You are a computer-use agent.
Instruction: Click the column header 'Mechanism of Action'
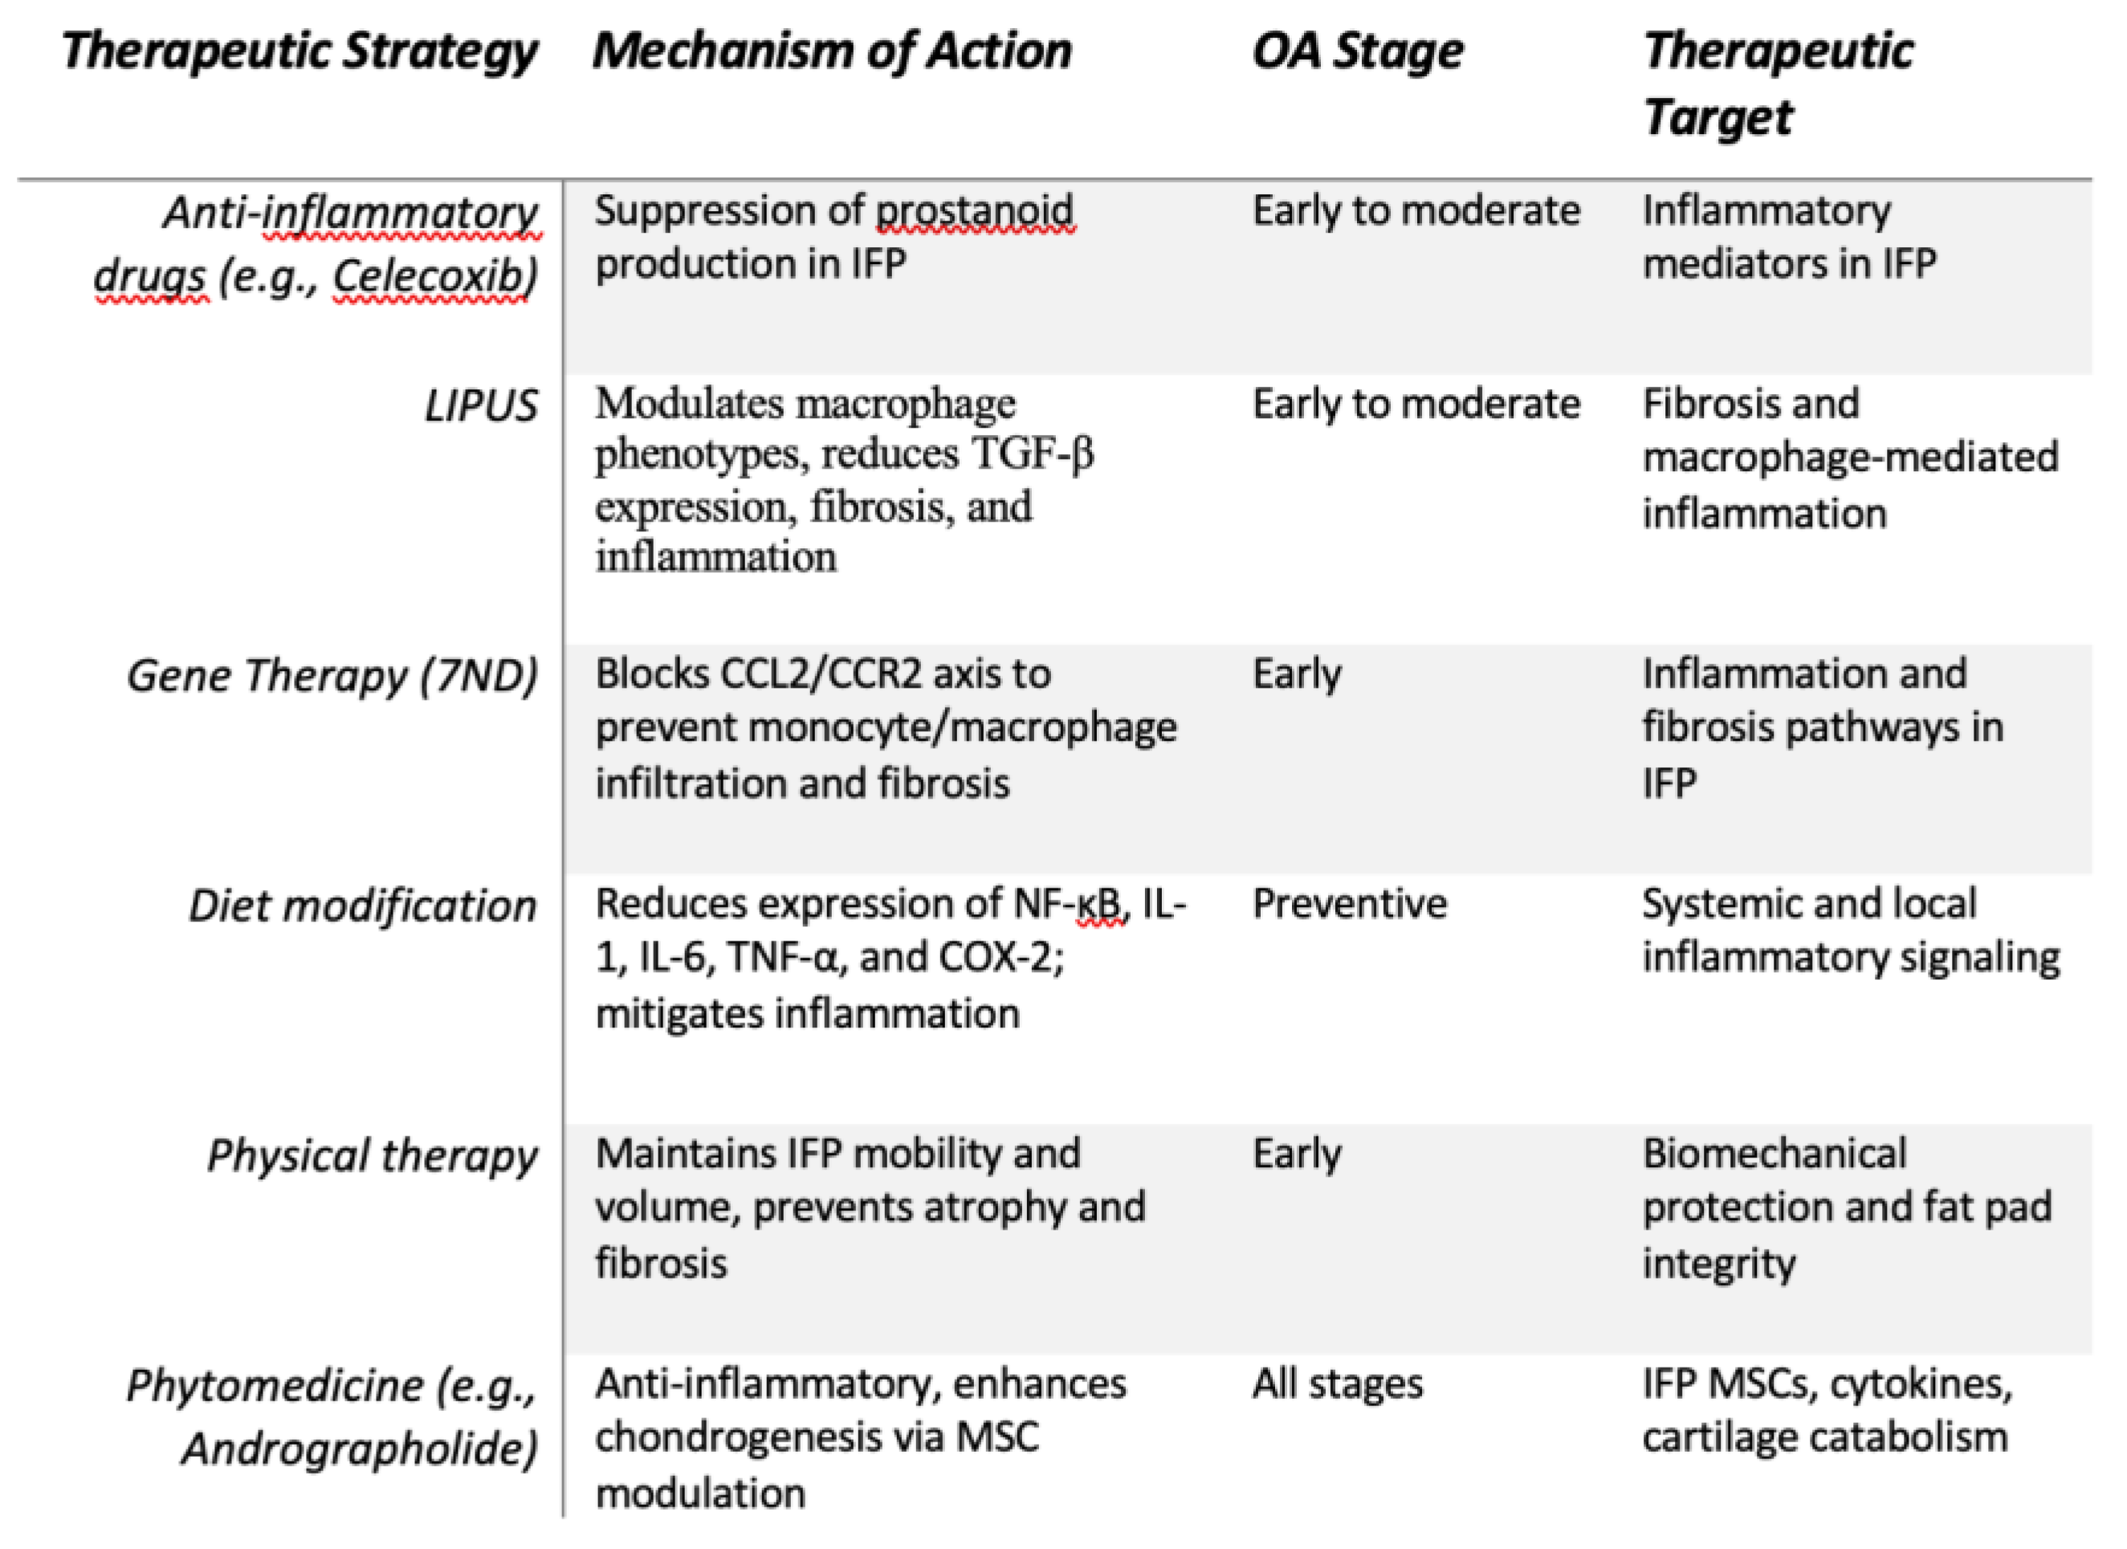click(832, 51)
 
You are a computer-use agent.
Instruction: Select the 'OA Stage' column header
click(1357, 51)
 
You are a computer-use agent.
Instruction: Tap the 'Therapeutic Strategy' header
click(299, 51)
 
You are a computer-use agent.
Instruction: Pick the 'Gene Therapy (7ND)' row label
click(332, 676)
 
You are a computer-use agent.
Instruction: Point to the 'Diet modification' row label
click(362, 907)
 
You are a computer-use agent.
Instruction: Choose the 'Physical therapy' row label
click(373, 1156)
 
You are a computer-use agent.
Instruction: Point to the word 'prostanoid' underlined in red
click(975, 211)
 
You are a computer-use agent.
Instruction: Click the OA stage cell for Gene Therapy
click(1297, 674)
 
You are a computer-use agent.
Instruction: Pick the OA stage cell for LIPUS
click(1416, 405)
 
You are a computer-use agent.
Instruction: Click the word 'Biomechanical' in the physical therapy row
click(1775, 1154)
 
